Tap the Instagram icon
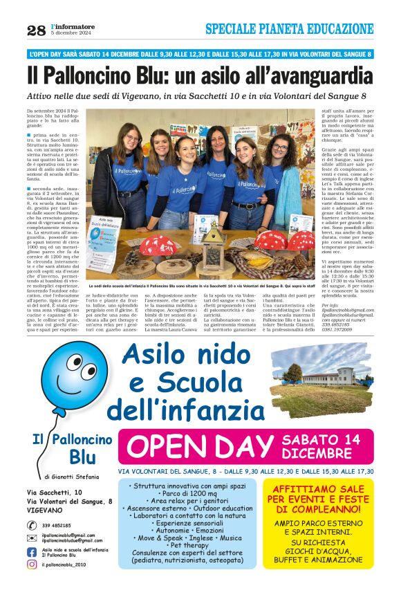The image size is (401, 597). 32,564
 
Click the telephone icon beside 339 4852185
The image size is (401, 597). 32,525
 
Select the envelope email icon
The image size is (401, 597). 32,538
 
